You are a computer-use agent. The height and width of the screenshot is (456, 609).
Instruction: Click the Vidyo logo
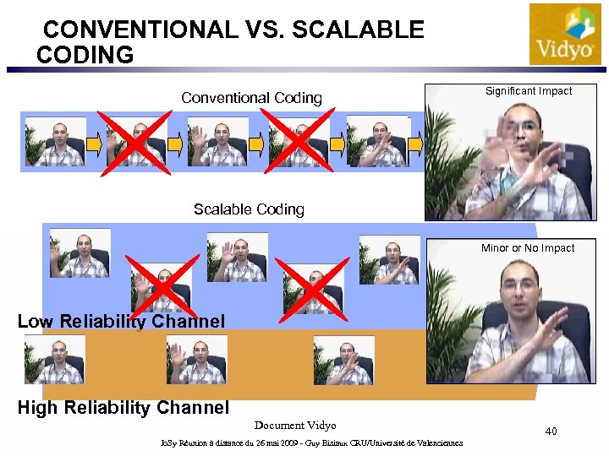[x=565, y=35]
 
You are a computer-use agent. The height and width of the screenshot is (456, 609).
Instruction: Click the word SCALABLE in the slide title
[x=358, y=30]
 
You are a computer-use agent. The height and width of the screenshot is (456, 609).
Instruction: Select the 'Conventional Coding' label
[x=251, y=98]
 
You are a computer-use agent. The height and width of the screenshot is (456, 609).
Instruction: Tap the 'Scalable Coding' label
[x=249, y=209]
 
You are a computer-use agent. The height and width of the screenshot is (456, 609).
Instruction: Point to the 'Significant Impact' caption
[x=528, y=91]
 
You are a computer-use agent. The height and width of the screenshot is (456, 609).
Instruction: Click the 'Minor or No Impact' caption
[x=527, y=248]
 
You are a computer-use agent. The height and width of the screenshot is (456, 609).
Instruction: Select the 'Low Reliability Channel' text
[x=121, y=321]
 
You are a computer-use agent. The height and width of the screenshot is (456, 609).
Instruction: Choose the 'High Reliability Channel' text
[x=123, y=408]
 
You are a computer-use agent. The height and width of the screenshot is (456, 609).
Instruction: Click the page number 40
[x=551, y=432]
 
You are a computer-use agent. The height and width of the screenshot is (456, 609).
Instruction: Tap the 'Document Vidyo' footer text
[x=295, y=426]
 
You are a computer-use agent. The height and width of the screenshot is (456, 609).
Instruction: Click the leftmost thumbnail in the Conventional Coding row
[x=55, y=141]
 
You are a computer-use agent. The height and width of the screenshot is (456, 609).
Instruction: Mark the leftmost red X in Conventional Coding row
[x=134, y=141]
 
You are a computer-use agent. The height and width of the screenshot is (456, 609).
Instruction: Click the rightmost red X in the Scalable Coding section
[x=312, y=290]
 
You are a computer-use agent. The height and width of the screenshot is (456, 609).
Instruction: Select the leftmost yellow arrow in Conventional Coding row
[x=96, y=144]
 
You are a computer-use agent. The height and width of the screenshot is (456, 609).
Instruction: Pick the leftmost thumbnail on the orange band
[x=55, y=360]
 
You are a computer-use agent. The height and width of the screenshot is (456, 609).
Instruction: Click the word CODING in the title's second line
[x=85, y=56]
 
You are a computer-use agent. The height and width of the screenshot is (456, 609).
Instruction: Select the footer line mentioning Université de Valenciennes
[x=311, y=443]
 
